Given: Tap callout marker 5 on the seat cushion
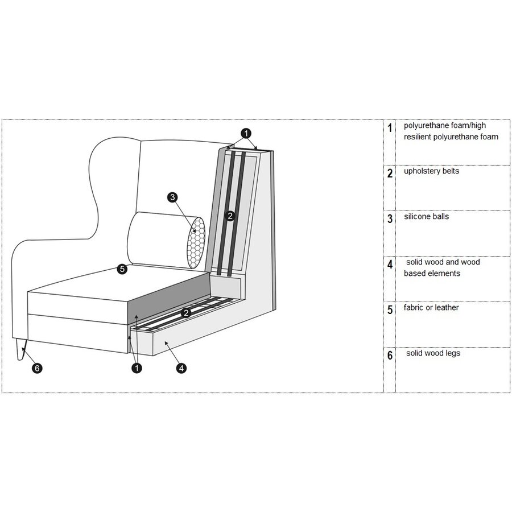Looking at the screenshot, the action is (x=121, y=269).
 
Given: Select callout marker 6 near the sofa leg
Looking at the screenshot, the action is (x=37, y=368).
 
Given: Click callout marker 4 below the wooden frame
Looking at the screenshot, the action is (x=181, y=368).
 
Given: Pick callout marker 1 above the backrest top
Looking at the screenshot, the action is (x=246, y=134).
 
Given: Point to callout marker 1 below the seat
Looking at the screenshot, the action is (x=137, y=368).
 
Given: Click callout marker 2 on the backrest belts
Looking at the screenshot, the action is (x=230, y=216).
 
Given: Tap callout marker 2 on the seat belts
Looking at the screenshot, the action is (x=186, y=313).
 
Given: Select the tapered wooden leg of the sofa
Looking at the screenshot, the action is (x=21, y=350).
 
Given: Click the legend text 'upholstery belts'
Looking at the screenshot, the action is (x=431, y=171).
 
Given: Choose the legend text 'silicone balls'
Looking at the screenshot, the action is (x=426, y=217).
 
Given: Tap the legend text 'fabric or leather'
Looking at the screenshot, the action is (x=431, y=308).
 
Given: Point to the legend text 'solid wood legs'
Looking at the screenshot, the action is (x=433, y=353).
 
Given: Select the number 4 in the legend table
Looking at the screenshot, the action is (x=390, y=265).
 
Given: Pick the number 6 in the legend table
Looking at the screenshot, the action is (x=390, y=356).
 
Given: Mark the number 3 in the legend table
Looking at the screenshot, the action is (x=390, y=219).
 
